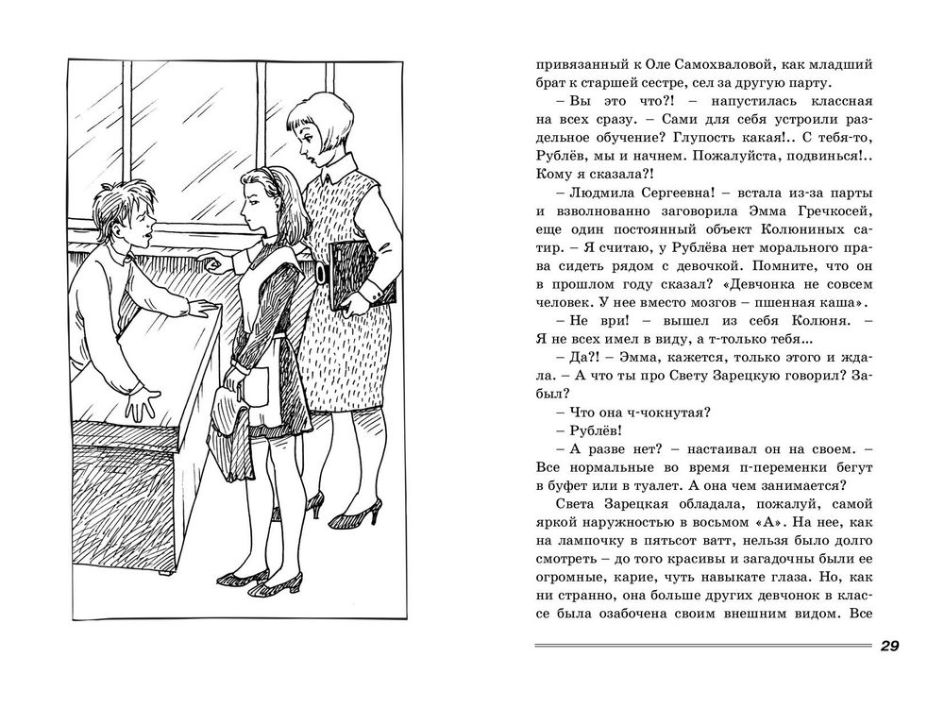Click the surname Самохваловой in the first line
(678, 67)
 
